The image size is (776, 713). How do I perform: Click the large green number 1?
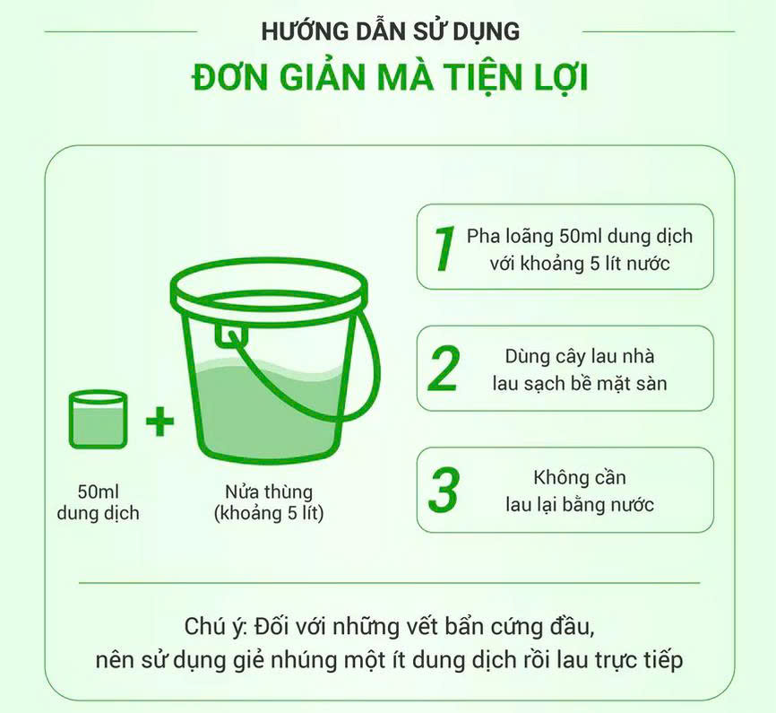443,248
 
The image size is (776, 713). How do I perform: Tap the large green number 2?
444,368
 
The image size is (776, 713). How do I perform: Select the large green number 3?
444,489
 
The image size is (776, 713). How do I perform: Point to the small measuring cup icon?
98,419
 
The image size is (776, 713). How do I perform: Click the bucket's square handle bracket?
232,334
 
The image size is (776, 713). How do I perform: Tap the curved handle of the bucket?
358,377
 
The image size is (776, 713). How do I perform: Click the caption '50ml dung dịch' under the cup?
98,502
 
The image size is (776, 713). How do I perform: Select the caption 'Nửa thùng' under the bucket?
269,491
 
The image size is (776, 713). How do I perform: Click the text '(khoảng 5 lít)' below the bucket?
269,514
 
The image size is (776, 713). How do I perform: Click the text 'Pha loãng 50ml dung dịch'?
580,237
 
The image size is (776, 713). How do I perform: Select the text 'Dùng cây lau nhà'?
580,356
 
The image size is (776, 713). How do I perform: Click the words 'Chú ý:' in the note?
216,624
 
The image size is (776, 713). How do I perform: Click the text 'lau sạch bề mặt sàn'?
580,384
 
